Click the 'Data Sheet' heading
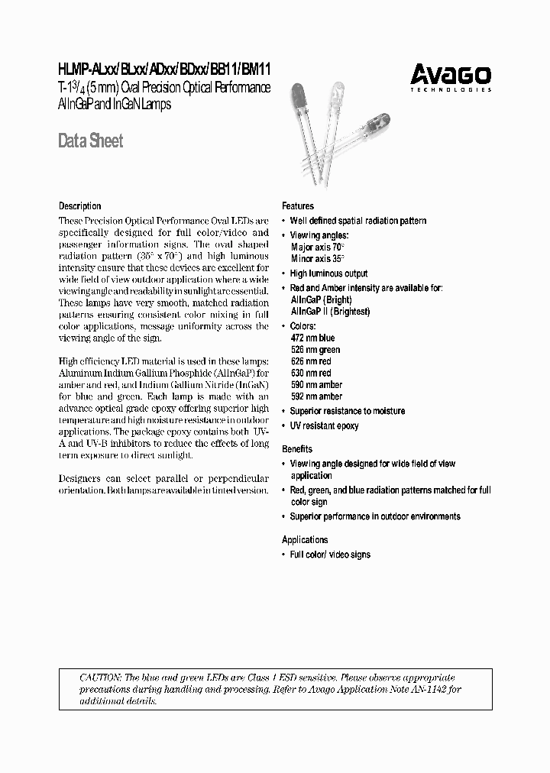pos(91,141)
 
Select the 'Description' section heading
pos(80,206)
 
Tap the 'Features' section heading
pos(298,206)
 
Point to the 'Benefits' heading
pos(297,449)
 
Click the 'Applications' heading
pos(305,539)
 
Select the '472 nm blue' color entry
pos(312,338)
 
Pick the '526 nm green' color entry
pos(315,350)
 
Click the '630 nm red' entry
pos(311,374)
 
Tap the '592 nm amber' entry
pos(316,396)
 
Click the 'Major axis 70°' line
pos(318,247)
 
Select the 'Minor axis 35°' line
pos(318,259)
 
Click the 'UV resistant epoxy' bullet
pos(324,425)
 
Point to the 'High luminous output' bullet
pos(328,273)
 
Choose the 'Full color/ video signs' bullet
pos(330,554)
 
